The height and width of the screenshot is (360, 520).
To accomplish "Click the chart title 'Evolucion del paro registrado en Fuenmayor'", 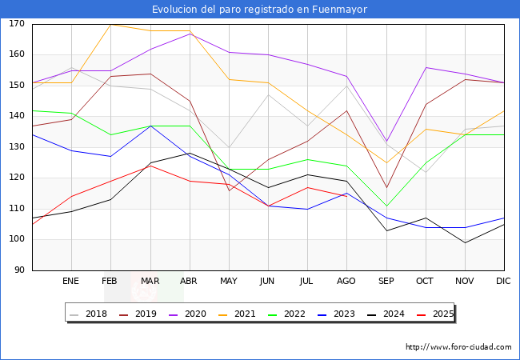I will [260, 10].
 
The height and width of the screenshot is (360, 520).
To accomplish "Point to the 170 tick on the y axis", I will [16, 24].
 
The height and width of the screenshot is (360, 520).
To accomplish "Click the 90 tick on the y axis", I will [18, 270].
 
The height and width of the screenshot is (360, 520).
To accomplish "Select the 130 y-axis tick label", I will [16, 147].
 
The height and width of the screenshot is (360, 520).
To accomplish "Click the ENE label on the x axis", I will [71, 282].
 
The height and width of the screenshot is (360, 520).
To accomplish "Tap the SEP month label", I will [386, 282].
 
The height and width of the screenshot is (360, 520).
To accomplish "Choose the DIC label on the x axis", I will [503, 282].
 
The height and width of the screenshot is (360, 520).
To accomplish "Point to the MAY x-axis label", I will [229, 282].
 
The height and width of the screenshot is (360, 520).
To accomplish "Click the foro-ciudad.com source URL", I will [458, 347].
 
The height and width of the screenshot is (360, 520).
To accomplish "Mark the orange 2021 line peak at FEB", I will [110, 24].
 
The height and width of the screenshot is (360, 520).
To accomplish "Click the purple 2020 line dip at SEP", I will [386, 142].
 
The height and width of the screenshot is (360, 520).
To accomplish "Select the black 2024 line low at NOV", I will [464, 242].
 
